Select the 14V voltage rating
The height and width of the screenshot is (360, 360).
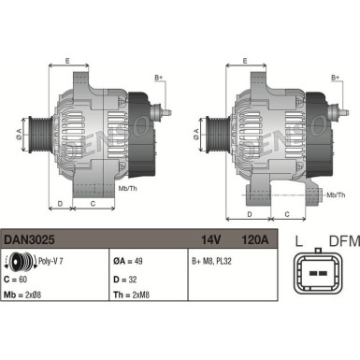212,240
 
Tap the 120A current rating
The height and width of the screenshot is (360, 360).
255,240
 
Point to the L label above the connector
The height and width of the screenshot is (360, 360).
300,242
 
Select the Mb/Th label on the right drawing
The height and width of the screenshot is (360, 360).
332,194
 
